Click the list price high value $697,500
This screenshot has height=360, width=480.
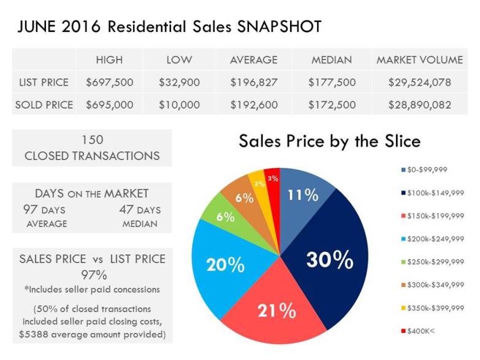tap(109, 82)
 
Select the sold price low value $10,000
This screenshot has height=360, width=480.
tap(179, 105)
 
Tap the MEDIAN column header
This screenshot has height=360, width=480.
tap(331, 60)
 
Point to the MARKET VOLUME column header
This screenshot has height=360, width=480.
tap(419, 60)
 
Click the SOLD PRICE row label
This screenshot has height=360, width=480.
tap(44, 105)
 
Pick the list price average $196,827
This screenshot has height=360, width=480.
tap(254, 82)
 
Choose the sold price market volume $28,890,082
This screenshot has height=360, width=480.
tap(419, 105)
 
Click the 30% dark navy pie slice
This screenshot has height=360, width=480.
tap(329, 261)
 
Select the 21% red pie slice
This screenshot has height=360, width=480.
tap(276, 310)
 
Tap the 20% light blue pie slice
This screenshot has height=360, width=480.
tap(226, 265)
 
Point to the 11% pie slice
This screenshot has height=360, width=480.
tap(303, 196)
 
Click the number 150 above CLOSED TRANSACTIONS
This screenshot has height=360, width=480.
tap(92, 140)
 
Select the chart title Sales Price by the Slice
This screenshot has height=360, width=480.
tap(330, 141)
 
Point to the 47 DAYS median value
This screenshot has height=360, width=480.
tap(140, 210)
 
